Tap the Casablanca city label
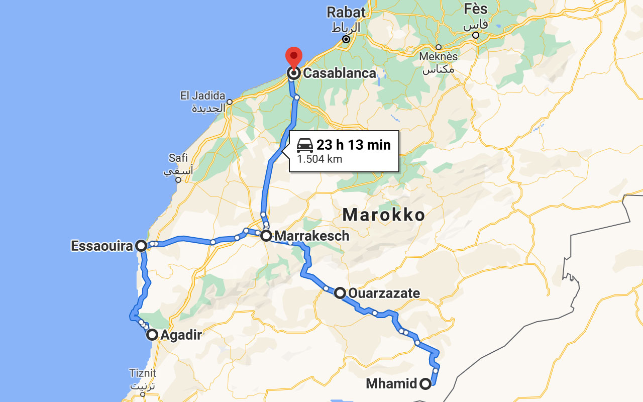(339, 73)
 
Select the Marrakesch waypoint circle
(266, 235)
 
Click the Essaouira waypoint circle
(142, 246)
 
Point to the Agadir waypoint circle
(152, 335)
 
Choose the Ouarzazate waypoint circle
(340, 293)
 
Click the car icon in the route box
(305, 145)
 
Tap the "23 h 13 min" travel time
(353, 145)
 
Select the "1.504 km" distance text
(319, 159)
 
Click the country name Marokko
(384, 215)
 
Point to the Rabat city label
(346, 12)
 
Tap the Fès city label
(476, 9)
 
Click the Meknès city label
(439, 57)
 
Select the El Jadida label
(203, 95)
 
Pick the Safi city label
(178, 158)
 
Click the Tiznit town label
(143, 373)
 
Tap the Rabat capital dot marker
(346, 39)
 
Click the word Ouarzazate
(384, 293)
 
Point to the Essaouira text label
(102, 246)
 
